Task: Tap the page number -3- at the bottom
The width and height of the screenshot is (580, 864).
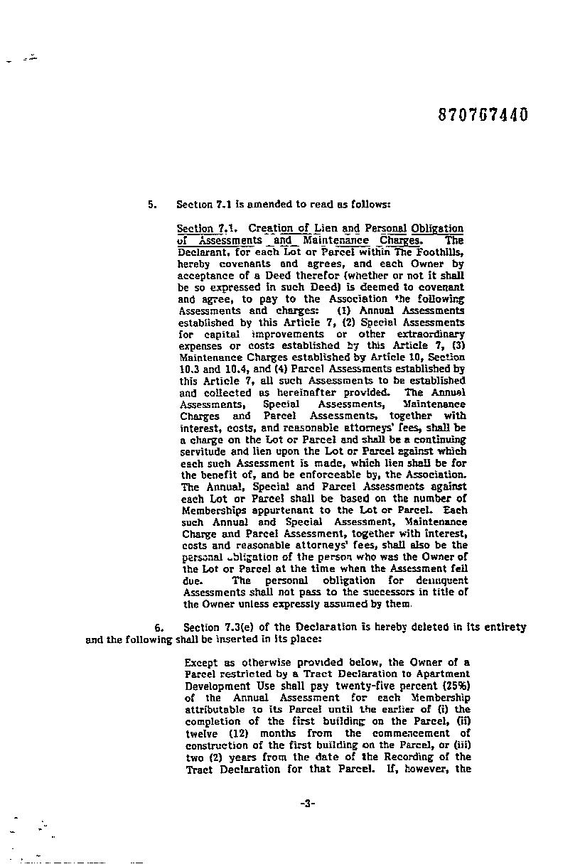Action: [x=307, y=803]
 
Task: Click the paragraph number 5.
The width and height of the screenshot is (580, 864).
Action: [x=151, y=205]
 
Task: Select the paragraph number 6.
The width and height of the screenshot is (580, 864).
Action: [x=159, y=627]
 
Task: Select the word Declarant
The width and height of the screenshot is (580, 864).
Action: [x=203, y=252]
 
